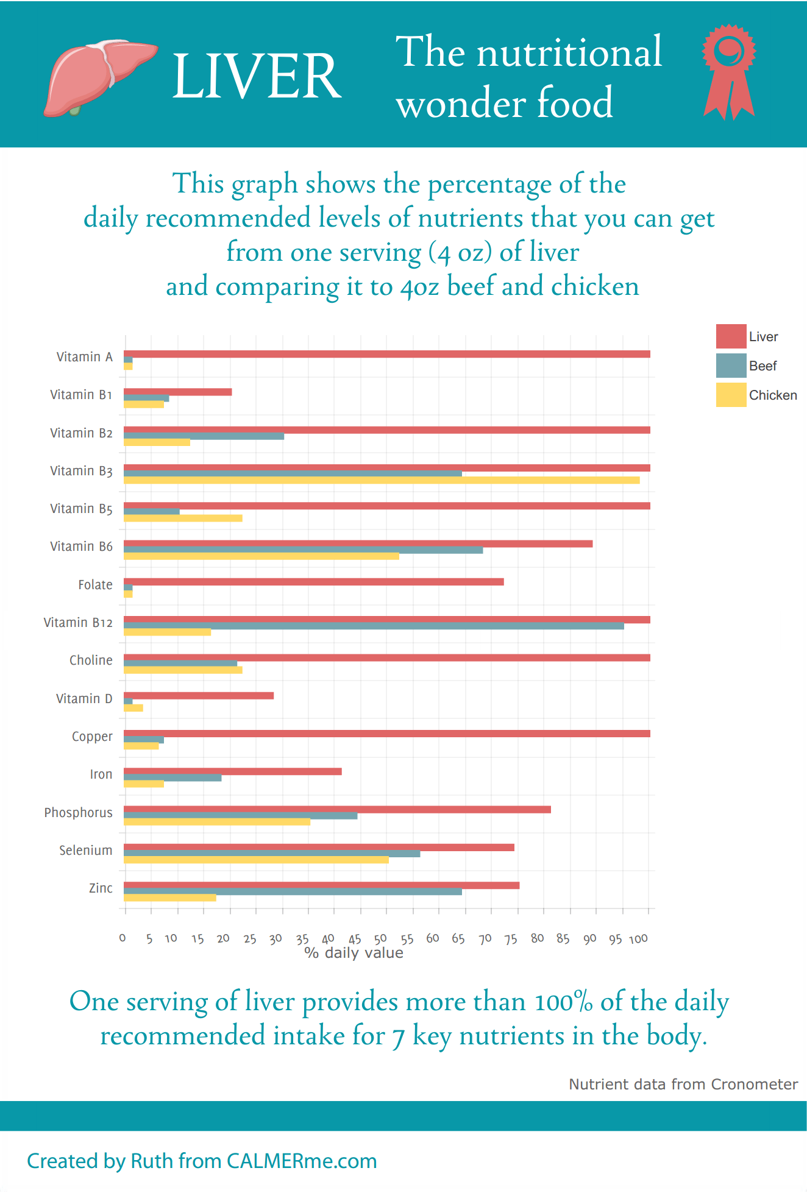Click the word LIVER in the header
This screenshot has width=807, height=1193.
(x=257, y=76)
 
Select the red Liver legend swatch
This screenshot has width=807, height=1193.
(x=731, y=336)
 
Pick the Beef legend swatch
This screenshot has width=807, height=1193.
(x=731, y=366)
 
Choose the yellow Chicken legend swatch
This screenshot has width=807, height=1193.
(x=731, y=395)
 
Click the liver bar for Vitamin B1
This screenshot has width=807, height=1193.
(x=177, y=392)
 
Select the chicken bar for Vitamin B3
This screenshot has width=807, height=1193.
(x=382, y=481)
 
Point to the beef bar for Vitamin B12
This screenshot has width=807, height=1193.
(x=374, y=626)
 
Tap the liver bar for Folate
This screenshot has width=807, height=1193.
(x=313, y=582)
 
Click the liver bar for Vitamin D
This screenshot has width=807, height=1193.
(x=199, y=696)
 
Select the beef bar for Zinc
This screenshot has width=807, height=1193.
(x=293, y=892)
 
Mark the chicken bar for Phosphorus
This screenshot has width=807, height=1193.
(x=217, y=823)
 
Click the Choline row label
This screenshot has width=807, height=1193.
(x=91, y=660)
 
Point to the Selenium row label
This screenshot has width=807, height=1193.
(x=85, y=851)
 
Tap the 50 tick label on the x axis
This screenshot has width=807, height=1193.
(x=380, y=939)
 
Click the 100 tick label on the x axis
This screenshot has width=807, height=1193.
(x=638, y=939)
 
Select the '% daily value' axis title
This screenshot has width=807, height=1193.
(x=354, y=954)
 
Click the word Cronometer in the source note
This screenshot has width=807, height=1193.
(x=754, y=1085)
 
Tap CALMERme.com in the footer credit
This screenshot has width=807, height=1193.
(x=301, y=1161)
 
